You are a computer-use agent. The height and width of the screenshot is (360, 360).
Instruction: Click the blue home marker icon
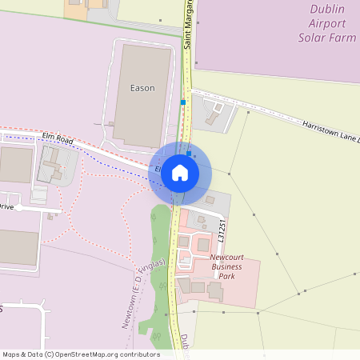click(180, 171)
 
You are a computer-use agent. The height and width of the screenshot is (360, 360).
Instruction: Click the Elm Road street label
click(59, 140)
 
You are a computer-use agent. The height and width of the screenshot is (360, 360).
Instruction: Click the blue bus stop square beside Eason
click(183, 102)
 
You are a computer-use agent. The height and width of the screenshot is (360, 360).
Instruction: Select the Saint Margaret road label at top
click(189, 24)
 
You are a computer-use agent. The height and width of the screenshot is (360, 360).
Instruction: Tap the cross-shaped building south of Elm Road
click(51, 166)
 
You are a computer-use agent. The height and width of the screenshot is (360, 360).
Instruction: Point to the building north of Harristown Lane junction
click(213, 118)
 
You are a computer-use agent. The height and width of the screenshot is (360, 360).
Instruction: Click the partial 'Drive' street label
click(6, 206)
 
